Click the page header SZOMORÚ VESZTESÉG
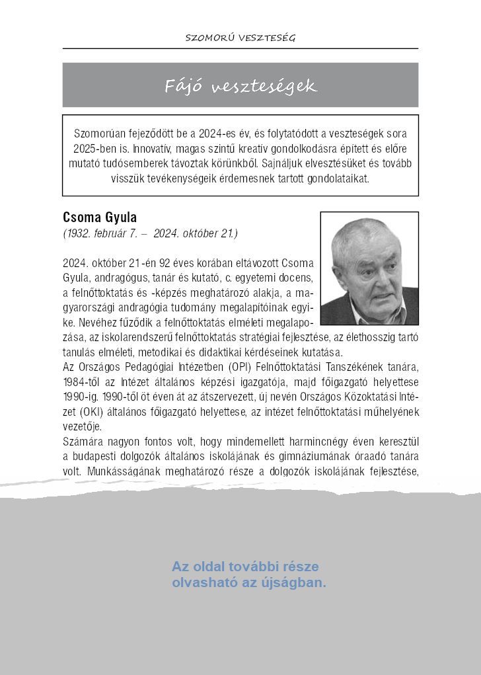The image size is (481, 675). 240,38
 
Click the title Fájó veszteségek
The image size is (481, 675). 240,86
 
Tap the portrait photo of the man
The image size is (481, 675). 369,269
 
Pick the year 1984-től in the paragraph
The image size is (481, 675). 83,383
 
